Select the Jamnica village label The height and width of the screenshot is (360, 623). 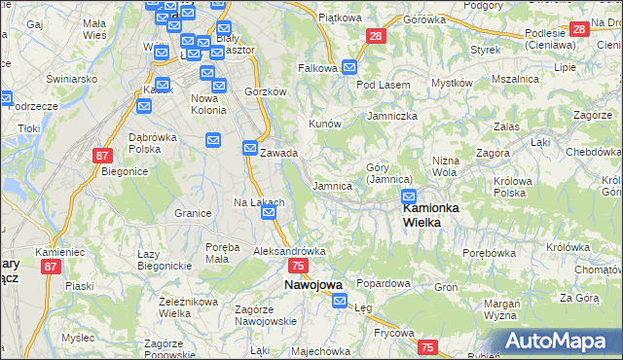(331, 185)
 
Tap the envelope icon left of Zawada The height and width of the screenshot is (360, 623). (249, 149)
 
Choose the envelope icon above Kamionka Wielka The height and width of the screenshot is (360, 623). (409, 197)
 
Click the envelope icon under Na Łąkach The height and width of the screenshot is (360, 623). (270, 212)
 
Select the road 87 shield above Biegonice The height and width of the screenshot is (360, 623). (104, 155)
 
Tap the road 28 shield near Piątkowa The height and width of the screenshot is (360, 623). (376, 37)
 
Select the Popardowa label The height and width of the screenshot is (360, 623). (383, 283)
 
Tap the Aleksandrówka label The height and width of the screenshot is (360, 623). (288, 251)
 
